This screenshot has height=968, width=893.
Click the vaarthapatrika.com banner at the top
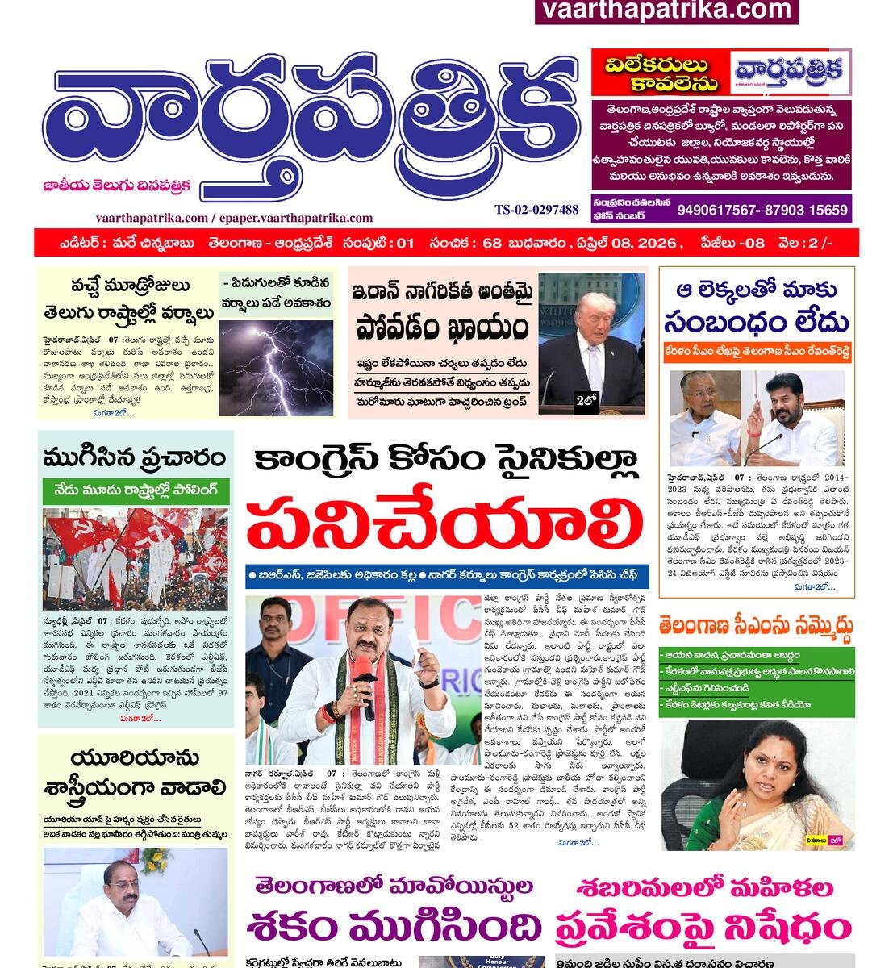coord(666,10)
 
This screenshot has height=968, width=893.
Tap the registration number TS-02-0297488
coord(536,210)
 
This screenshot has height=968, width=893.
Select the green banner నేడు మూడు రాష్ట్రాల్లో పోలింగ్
coord(136,490)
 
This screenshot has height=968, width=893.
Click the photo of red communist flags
coord(136,558)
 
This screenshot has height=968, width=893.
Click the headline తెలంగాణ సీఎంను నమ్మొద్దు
coord(756,625)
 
